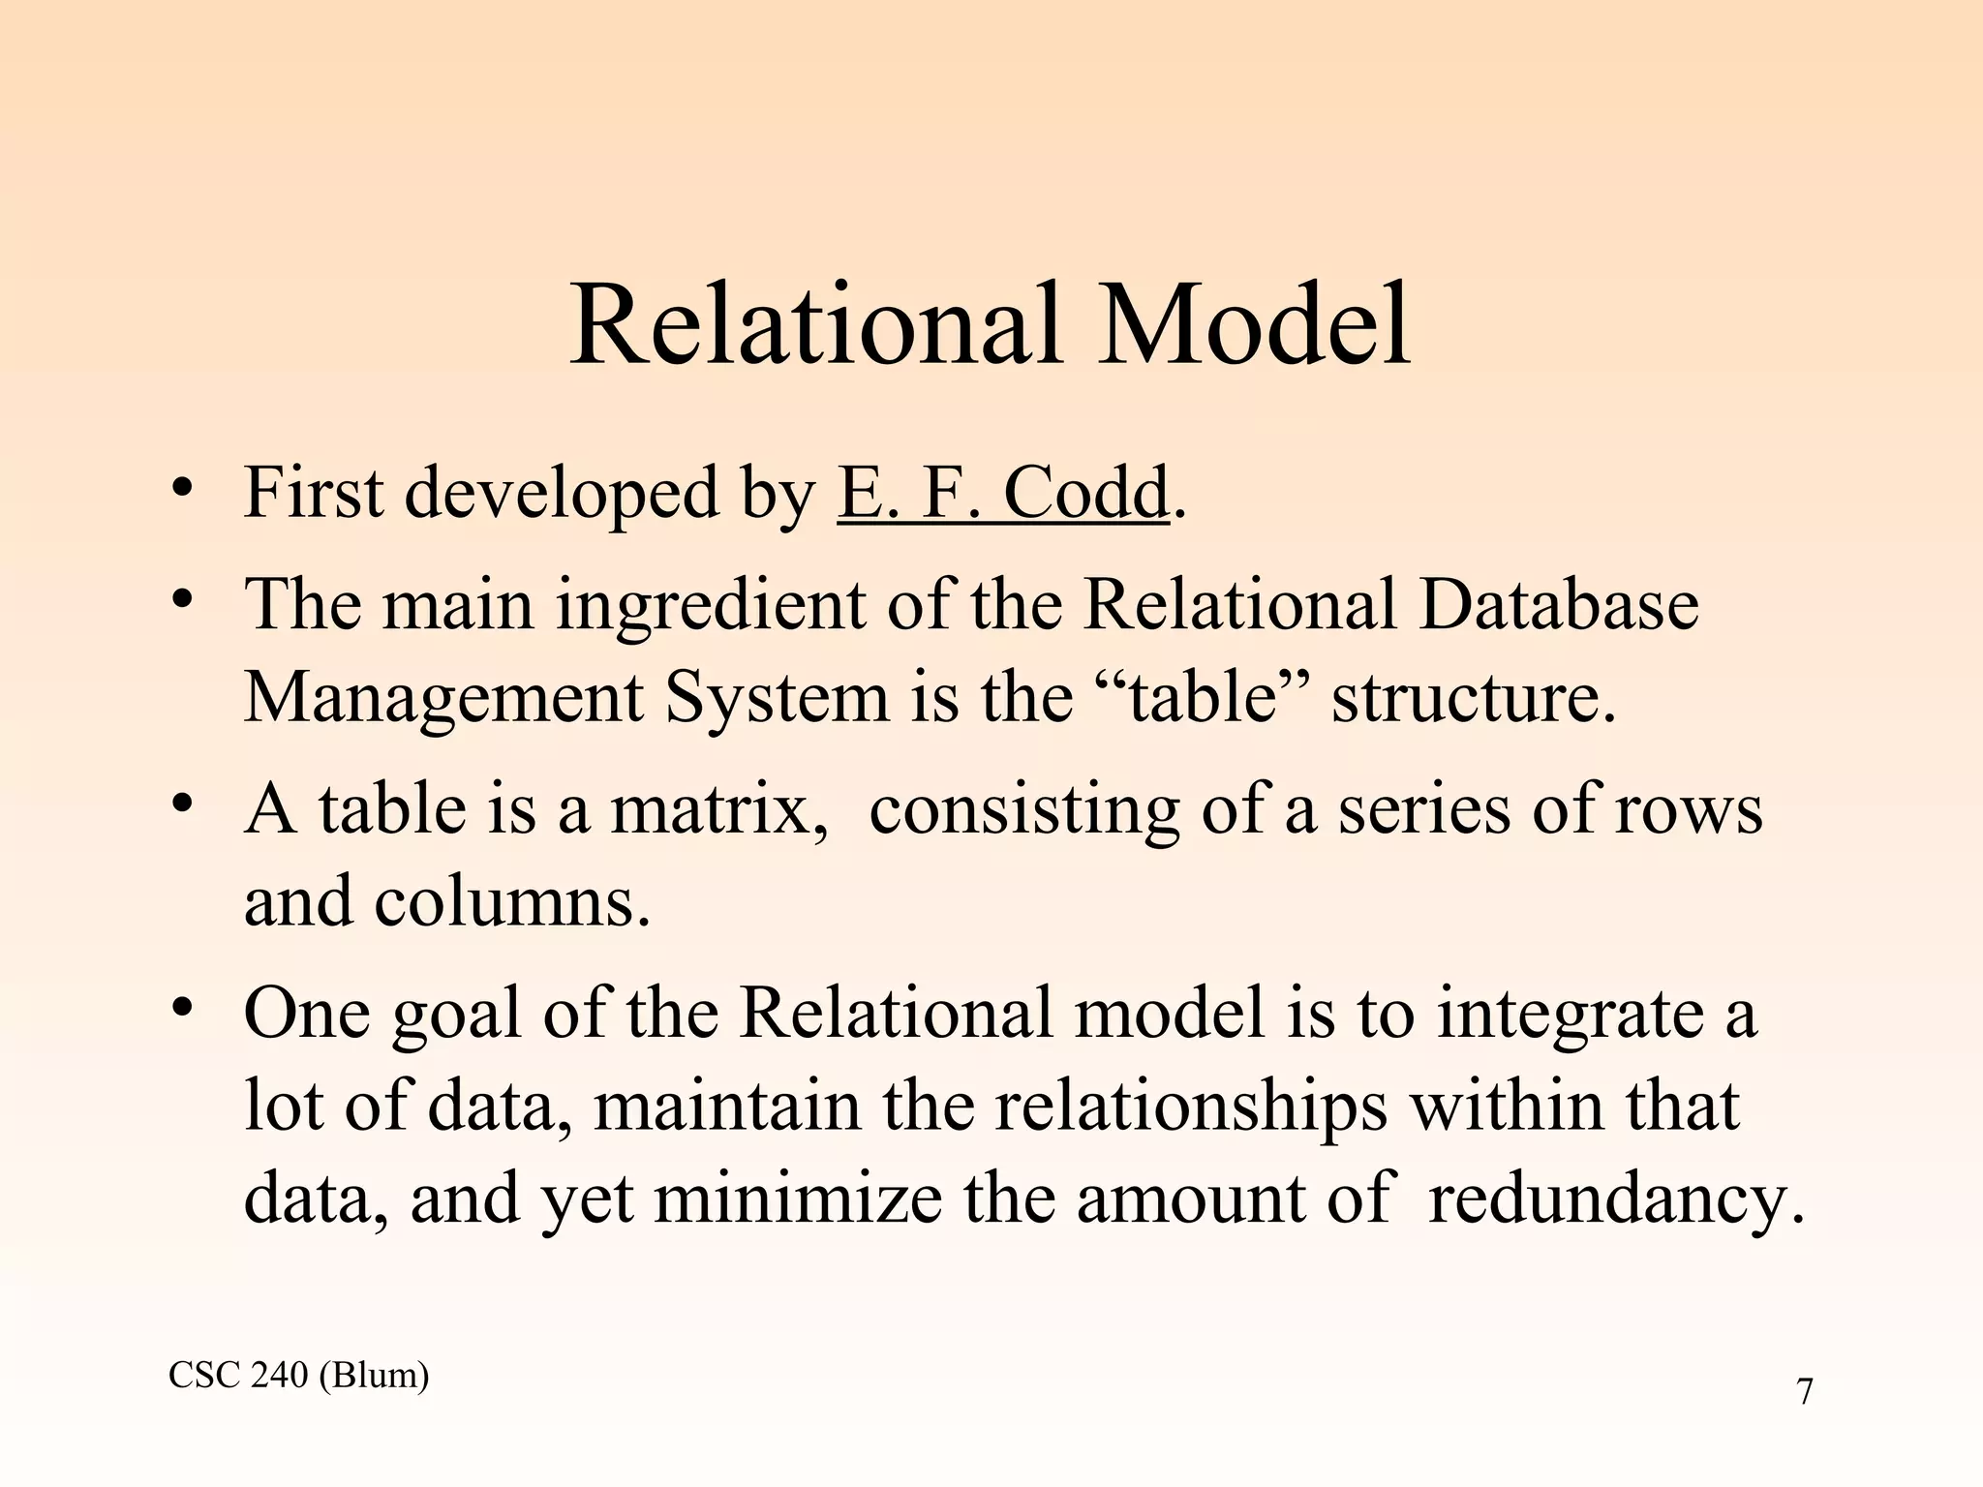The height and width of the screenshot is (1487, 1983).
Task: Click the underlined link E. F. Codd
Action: click(x=1003, y=494)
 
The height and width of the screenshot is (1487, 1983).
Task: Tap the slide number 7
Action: click(x=1804, y=1392)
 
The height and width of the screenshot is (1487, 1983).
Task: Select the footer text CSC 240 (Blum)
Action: click(x=298, y=1375)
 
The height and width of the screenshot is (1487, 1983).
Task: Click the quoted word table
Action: click(x=1202, y=699)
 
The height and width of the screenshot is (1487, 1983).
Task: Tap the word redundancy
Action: click(x=1615, y=1200)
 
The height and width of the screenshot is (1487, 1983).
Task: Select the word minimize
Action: click(x=797, y=1200)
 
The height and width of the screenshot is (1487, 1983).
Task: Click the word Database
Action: click(x=1559, y=605)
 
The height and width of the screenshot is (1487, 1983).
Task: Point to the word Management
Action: click(x=442, y=699)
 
